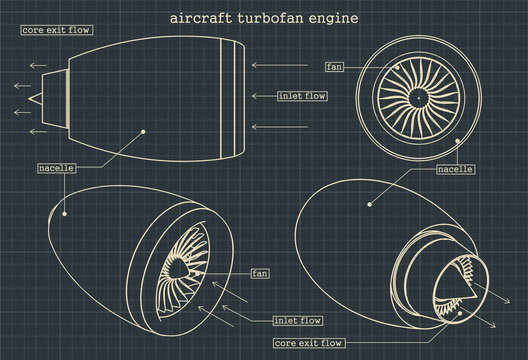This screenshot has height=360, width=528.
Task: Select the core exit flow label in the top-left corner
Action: point(56,30)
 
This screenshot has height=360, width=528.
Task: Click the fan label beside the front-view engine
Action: point(335,67)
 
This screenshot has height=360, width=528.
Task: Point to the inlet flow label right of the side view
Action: point(303,96)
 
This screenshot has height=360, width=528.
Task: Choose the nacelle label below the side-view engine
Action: point(56,167)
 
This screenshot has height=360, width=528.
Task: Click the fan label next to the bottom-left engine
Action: point(259,273)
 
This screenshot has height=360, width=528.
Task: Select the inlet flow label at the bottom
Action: point(297,321)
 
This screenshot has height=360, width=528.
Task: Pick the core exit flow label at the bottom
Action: point(309,343)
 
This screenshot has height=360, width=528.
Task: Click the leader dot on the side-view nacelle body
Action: point(144,129)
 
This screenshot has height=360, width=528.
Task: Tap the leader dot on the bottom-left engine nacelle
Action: point(63,212)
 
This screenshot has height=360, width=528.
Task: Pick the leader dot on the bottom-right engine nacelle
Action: point(369,205)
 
